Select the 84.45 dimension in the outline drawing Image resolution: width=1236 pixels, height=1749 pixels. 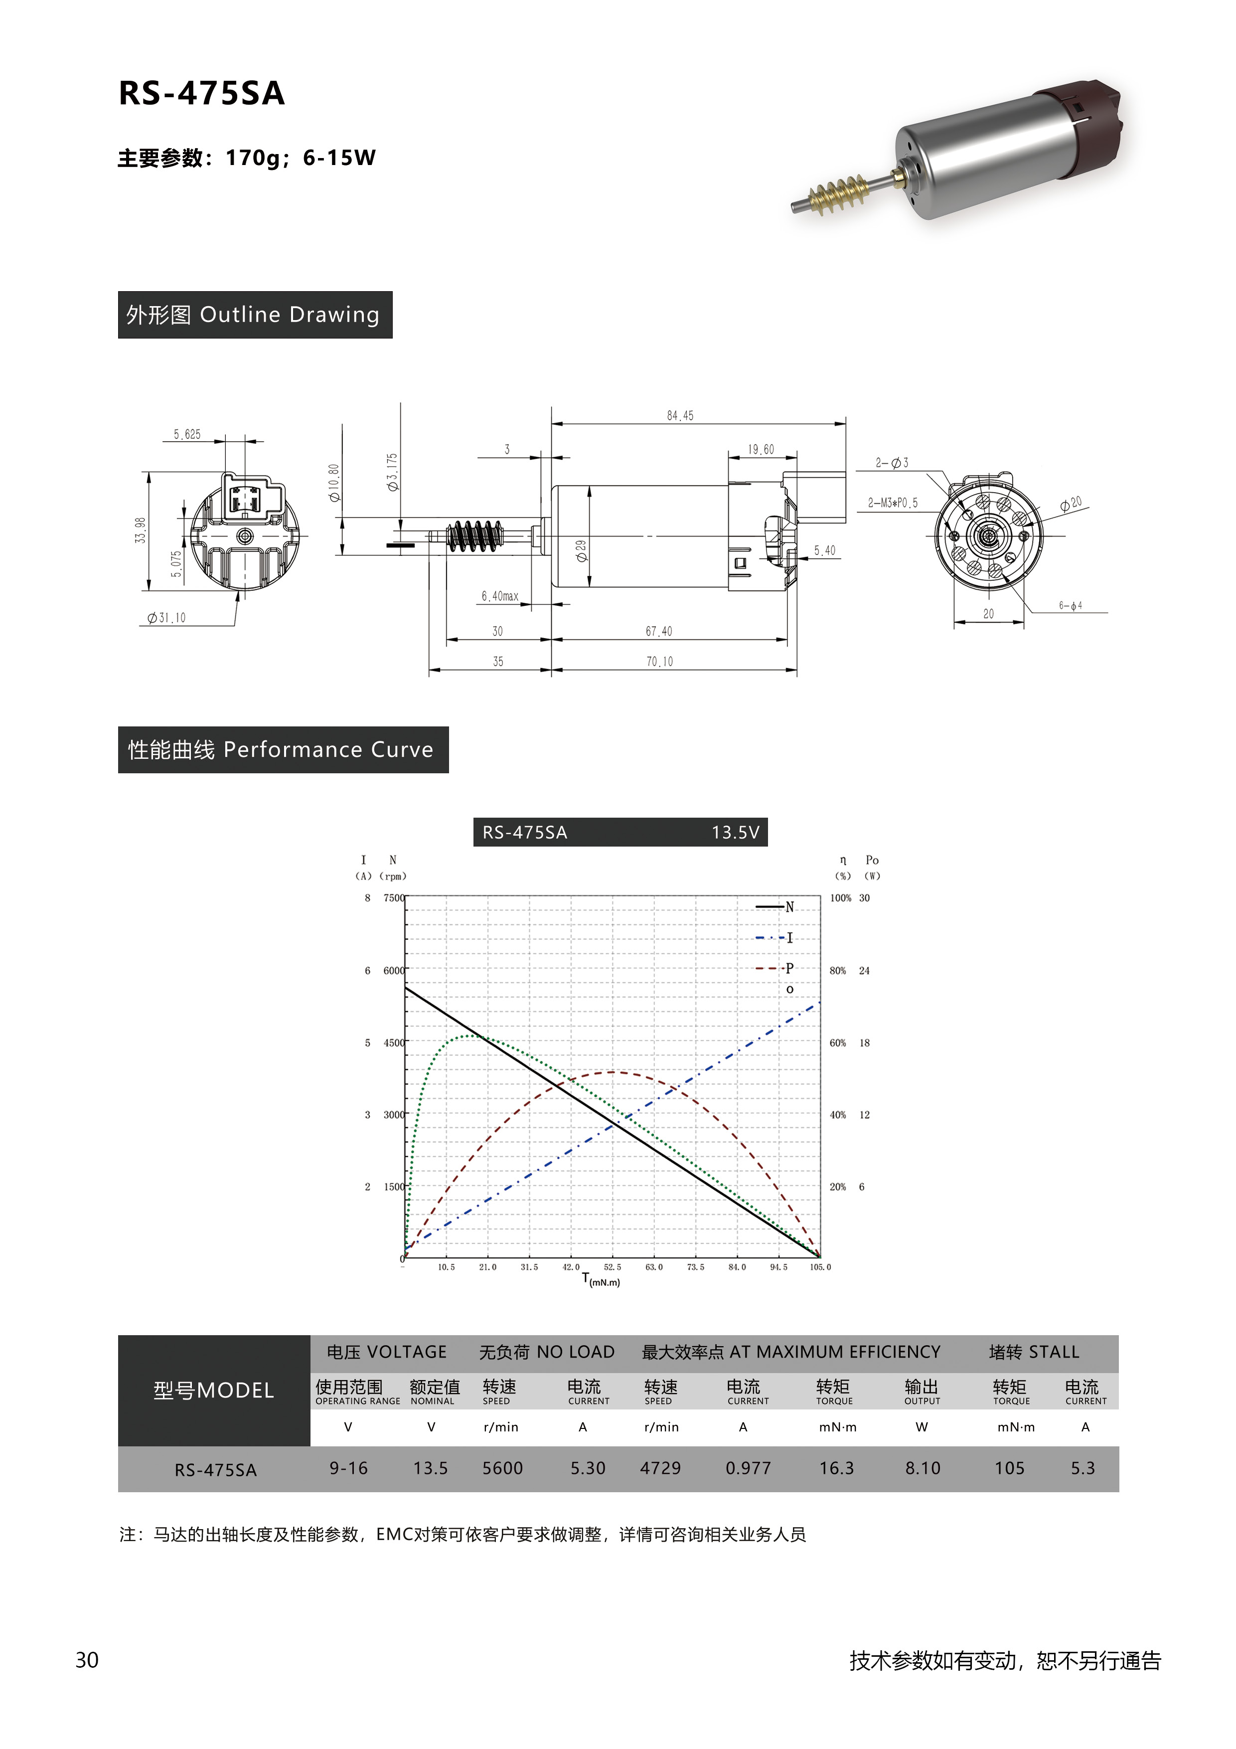(x=680, y=416)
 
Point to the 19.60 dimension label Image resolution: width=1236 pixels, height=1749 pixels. (x=760, y=449)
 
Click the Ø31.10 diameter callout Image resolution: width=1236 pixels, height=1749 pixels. (x=166, y=618)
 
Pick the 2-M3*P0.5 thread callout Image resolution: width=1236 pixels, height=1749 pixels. (x=893, y=503)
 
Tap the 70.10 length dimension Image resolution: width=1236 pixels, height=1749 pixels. (x=659, y=661)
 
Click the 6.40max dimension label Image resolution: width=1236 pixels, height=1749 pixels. (x=499, y=596)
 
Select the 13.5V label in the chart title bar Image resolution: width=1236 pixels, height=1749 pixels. (x=735, y=832)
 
